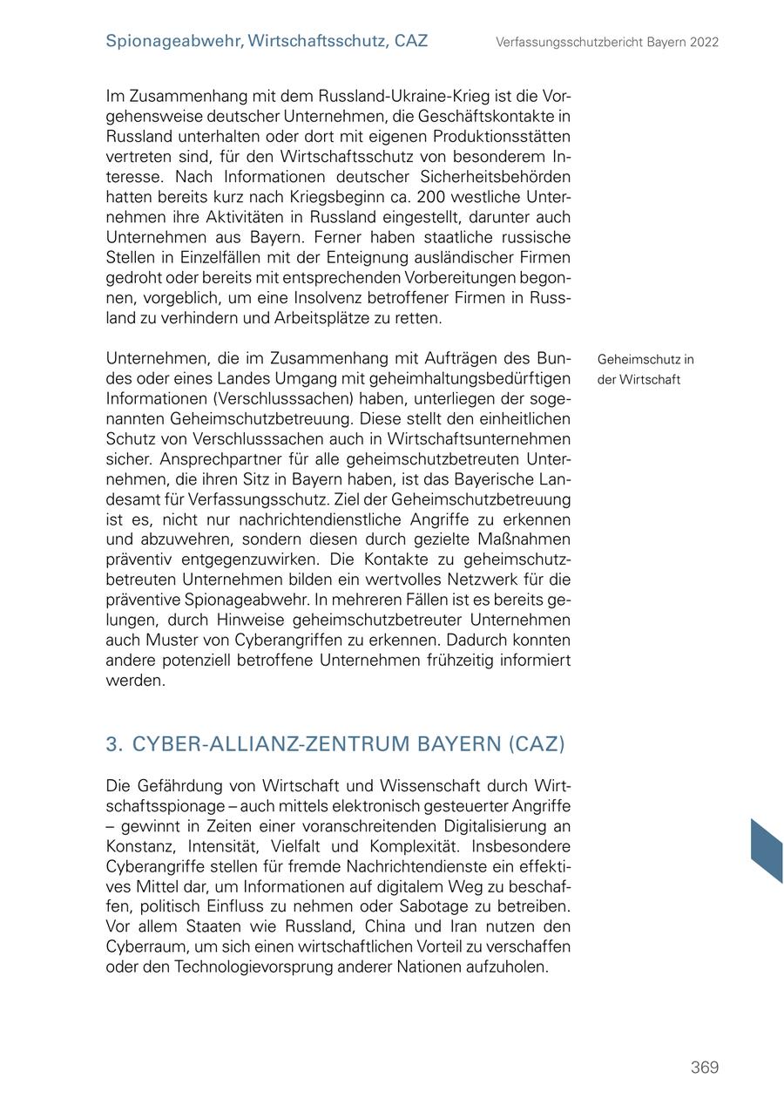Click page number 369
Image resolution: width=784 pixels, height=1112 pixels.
[704, 1068]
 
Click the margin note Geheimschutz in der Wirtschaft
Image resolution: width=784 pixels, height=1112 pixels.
[645, 370]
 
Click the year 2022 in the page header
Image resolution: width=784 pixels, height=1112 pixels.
[702, 42]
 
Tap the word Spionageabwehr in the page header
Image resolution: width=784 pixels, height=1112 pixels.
[172, 41]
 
